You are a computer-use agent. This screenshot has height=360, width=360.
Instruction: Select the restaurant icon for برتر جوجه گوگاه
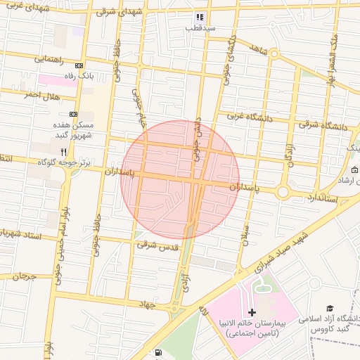pos(63,152)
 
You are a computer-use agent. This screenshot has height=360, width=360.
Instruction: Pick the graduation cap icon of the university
pos(329,309)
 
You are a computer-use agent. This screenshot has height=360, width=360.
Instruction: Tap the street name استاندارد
pos(322,199)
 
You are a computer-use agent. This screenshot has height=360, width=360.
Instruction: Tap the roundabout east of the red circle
pos(283,191)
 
